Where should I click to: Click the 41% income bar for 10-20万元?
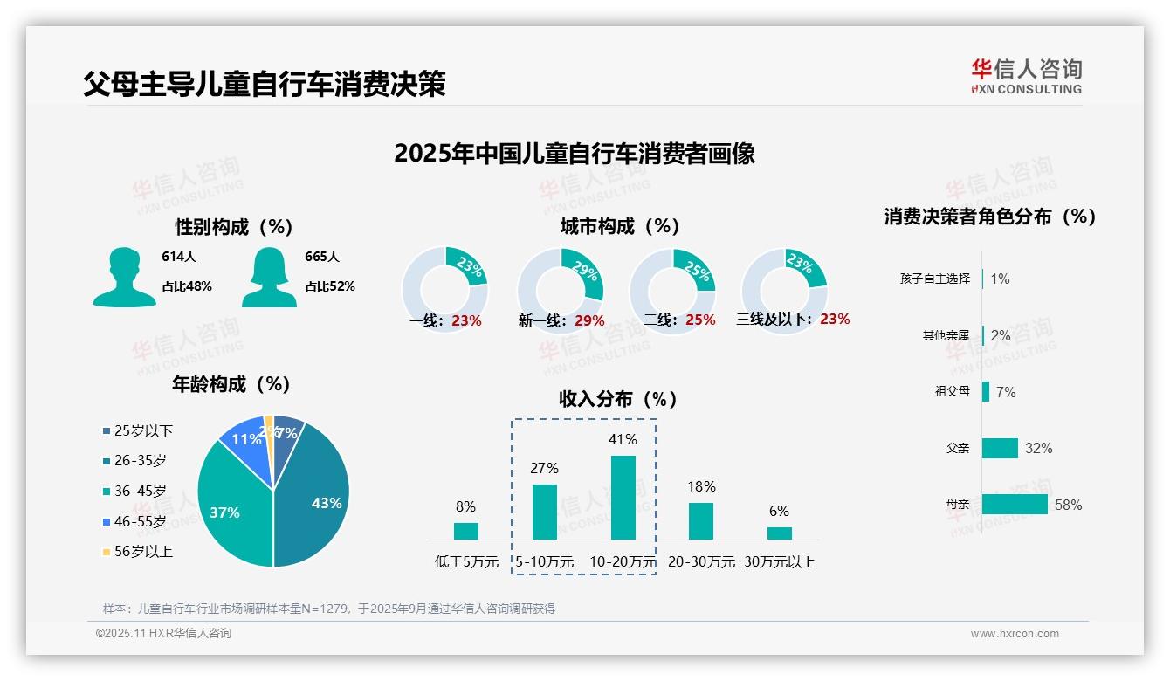click(623, 497)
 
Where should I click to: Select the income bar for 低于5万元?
click(466, 531)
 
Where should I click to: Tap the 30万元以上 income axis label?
click(779, 562)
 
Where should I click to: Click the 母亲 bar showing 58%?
click(1015, 505)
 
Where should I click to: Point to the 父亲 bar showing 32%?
click(1000, 448)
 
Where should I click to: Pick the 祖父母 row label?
click(952, 392)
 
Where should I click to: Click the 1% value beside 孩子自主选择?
click(1000, 279)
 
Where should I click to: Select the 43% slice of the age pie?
click(314, 498)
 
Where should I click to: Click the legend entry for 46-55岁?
click(134, 521)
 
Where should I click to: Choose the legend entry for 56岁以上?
click(137, 552)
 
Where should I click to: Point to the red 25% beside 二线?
click(700, 320)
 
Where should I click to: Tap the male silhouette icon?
click(125, 277)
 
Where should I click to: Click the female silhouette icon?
click(269, 277)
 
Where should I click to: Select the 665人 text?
click(321, 257)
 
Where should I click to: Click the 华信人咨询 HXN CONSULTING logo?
click(1026, 77)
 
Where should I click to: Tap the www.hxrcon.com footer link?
click(1015, 634)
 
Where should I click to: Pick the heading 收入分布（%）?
click(618, 399)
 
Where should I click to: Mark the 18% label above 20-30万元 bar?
click(701, 486)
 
